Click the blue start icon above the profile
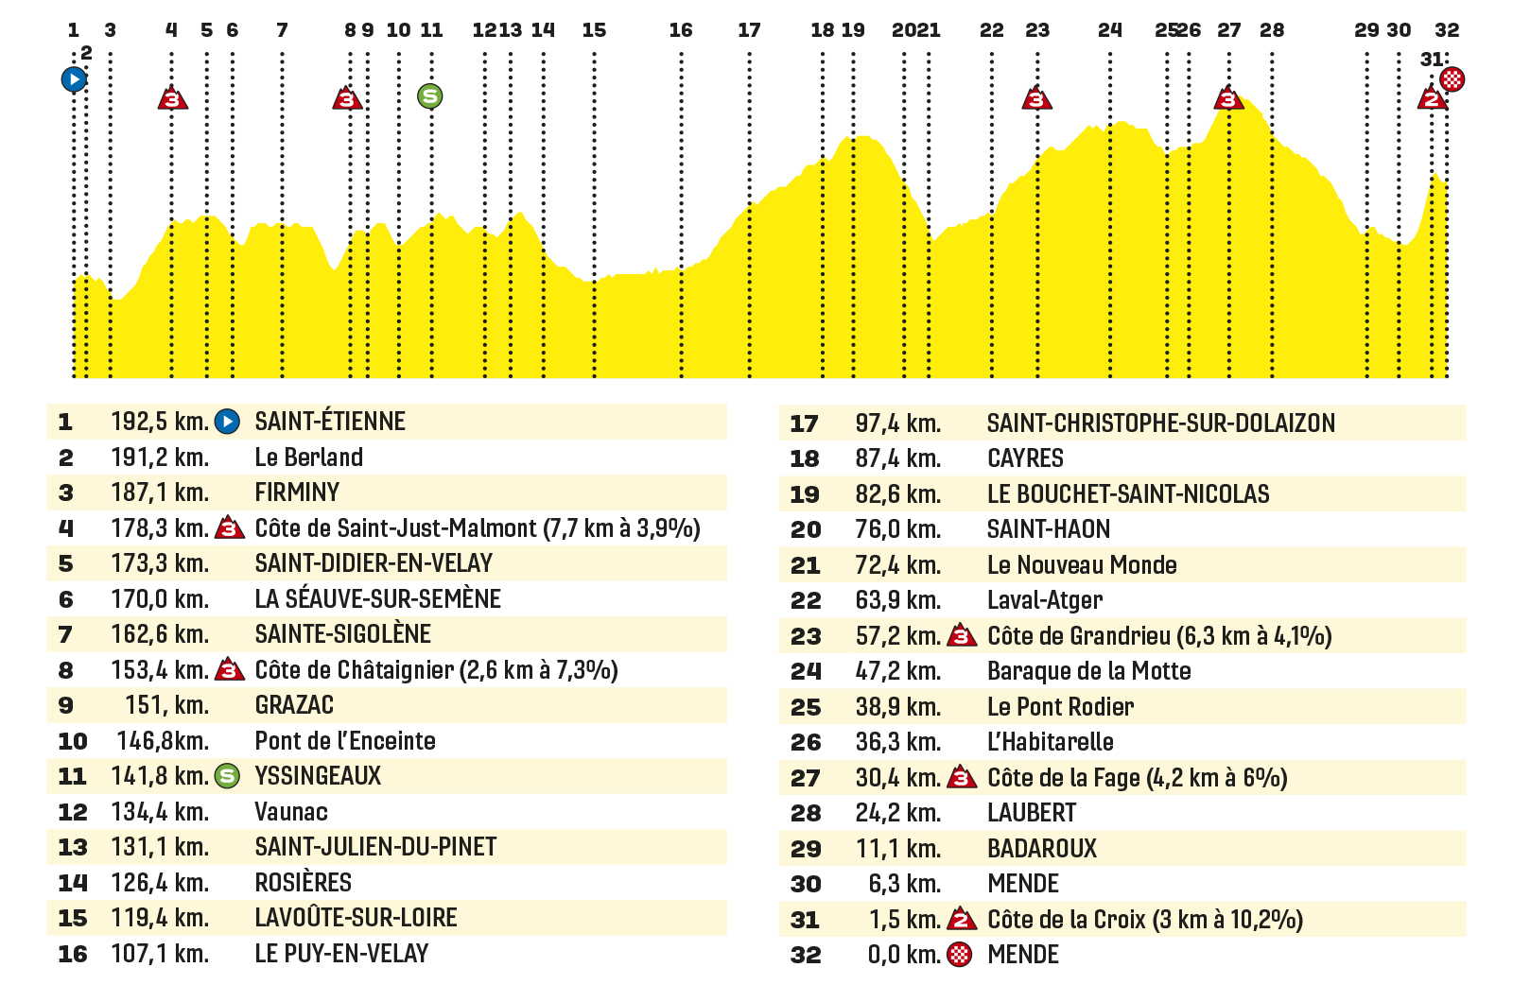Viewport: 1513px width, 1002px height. click(x=74, y=79)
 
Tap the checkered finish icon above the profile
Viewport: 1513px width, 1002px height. click(x=1452, y=79)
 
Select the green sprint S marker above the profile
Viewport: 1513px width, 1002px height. click(x=429, y=95)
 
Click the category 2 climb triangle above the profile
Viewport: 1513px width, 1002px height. click(x=1432, y=98)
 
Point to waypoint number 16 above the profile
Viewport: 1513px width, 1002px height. click(x=681, y=30)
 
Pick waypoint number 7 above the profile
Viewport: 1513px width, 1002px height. click(x=283, y=30)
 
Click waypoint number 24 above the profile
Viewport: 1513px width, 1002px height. click(x=1110, y=30)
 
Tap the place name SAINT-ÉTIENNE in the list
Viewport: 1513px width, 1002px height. click(x=330, y=422)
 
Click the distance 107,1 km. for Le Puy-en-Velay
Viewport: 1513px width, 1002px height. click(x=160, y=954)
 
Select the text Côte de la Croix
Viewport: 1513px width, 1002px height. click(x=1067, y=920)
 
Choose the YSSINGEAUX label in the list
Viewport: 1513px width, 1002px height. click(x=318, y=776)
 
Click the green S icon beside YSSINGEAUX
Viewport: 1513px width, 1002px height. click(x=227, y=776)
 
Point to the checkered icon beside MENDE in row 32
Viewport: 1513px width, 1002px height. click(x=960, y=955)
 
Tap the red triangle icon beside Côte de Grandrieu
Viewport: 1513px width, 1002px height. click(x=962, y=636)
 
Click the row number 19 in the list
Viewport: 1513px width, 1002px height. click(x=805, y=495)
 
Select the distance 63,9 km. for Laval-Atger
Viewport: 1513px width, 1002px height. click(x=898, y=600)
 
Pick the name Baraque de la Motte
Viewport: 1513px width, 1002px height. click(x=1088, y=671)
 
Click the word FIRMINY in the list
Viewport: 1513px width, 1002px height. click(x=297, y=492)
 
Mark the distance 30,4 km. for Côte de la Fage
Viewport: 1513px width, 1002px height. click(x=898, y=778)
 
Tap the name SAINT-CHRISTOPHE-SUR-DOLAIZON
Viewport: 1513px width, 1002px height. click(x=1161, y=423)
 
